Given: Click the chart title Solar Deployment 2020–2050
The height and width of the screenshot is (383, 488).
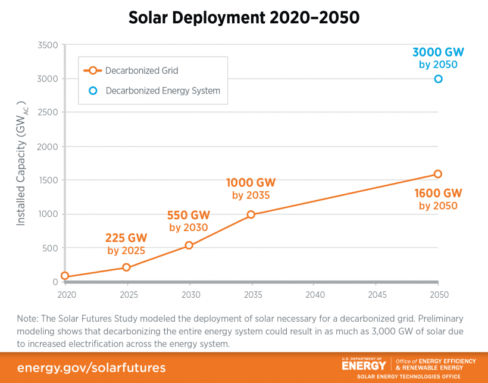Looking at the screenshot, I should pyautogui.click(x=244, y=18).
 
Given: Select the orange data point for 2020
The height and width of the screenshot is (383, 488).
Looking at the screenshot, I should pyautogui.click(x=65, y=276).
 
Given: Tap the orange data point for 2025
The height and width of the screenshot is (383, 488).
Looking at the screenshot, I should pyautogui.click(x=127, y=267).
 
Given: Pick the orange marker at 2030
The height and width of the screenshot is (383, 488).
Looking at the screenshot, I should pyautogui.click(x=189, y=245).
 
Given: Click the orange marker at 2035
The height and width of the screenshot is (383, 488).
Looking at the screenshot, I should pyautogui.click(x=251, y=214).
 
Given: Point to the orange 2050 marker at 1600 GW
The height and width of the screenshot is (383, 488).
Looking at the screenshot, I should pyautogui.click(x=438, y=174).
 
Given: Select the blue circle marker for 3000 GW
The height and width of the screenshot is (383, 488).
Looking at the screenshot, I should pyautogui.click(x=438, y=79).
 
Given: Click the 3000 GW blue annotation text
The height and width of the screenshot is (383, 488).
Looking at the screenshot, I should pyautogui.click(x=438, y=52).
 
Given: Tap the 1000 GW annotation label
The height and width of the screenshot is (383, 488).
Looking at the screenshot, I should pyautogui.click(x=251, y=182).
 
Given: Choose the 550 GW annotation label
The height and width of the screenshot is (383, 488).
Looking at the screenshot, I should pyautogui.click(x=189, y=215).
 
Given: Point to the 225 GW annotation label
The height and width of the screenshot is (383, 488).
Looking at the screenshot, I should pyautogui.click(x=126, y=238).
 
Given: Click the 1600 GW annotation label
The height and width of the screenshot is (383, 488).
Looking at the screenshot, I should pyautogui.click(x=438, y=194).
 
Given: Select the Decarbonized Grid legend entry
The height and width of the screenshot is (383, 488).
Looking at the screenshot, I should pyautogui.click(x=142, y=70).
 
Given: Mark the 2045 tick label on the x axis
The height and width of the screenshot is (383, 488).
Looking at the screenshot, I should pyautogui.click(x=376, y=294).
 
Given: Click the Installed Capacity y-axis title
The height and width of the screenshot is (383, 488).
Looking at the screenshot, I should pyautogui.click(x=22, y=163).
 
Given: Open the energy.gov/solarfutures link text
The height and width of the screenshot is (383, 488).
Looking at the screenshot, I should pyautogui.click(x=92, y=367).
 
